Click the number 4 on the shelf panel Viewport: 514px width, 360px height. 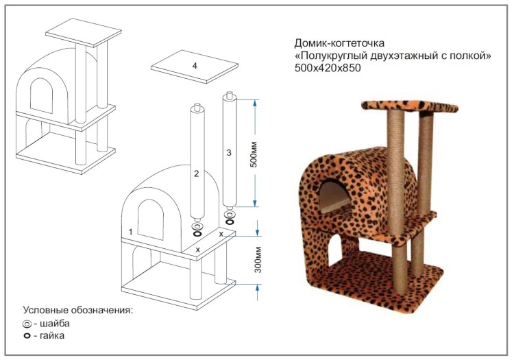click(195, 66)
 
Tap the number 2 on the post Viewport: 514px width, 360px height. click(197, 173)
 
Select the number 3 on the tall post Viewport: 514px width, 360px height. click(229, 152)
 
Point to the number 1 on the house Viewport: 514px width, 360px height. click(130, 232)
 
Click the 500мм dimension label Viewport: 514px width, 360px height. click(254, 154)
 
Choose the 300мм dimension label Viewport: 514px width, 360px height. click(258, 260)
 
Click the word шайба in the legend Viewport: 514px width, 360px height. click(55, 323)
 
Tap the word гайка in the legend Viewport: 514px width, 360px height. click(52, 335)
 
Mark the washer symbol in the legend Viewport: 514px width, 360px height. click(27, 324)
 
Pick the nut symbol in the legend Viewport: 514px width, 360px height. click(27, 336)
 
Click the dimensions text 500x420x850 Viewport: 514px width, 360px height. click(328, 68)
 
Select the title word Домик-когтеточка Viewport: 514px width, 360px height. click(340, 43)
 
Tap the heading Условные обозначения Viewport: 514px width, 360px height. click(78, 310)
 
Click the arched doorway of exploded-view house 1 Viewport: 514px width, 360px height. click(151, 219)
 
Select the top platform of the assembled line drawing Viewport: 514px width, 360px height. click(83, 32)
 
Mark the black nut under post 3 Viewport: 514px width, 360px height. click(230, 222)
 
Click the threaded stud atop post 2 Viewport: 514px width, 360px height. click(197, 107)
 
